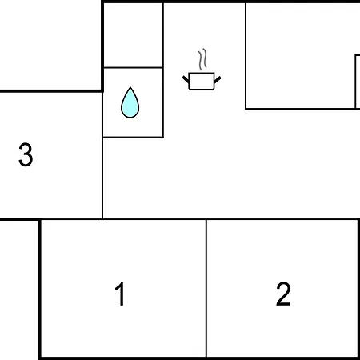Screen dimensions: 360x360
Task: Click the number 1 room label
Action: pos(120,294)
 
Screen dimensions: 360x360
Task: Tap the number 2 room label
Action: pos(283,294)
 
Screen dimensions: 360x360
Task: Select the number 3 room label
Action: pos(26,154)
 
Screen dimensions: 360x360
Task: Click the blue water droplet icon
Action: pos(130,102)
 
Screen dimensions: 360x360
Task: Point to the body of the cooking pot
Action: pos(202,81)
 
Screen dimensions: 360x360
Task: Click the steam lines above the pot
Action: pos(202,59)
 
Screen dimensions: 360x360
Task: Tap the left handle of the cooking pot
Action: pos(186,79)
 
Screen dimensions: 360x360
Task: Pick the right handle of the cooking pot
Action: pos(218,80)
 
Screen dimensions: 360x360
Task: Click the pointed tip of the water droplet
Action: pos(130,87)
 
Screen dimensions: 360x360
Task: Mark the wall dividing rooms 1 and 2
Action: pos(206,288)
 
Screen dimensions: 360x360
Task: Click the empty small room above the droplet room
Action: pos(133,35)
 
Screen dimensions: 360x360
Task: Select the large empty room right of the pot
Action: pos(300,55)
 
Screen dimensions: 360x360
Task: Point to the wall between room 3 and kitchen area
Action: pos(102,155)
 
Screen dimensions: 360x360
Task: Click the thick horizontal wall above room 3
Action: pos(50,91)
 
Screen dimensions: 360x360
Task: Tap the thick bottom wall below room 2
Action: pos(282,358)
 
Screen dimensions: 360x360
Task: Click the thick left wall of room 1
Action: pos(40,289)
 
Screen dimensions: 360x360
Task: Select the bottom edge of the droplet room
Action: pos(133,137)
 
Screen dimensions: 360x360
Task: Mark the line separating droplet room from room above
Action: pos(133,67)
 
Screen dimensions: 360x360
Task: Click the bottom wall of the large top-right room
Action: pos(302,109)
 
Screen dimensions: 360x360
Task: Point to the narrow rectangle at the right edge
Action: pos(358,82)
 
